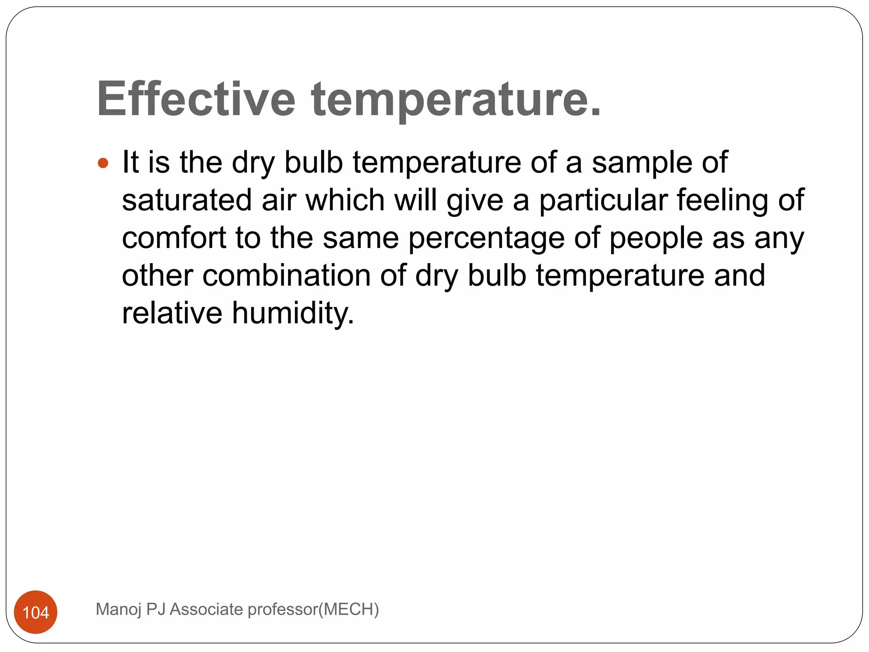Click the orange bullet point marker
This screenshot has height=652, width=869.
coord(103,163)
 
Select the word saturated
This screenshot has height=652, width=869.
coord(187,200)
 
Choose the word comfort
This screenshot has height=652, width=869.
coord(174,238)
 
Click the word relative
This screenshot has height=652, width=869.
coord(172,313)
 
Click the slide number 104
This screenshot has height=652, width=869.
coord(36,613)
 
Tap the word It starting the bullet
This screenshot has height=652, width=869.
coord(130,163)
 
